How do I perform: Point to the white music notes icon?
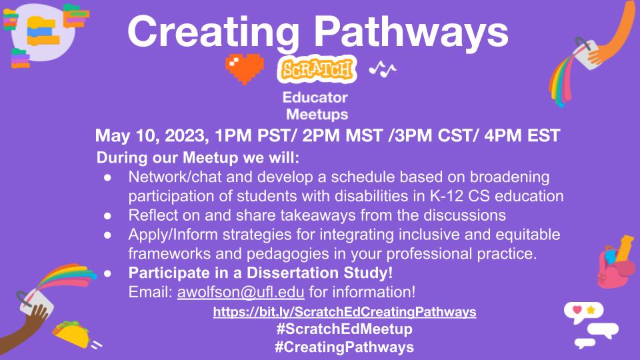(x=383, y=68)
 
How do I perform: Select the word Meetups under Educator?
(x=317, y=114)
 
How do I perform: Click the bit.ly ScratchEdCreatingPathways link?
(x=345, y=311)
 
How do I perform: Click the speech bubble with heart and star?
(x=579, y=310)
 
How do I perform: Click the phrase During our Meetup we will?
(x=198, y=159)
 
